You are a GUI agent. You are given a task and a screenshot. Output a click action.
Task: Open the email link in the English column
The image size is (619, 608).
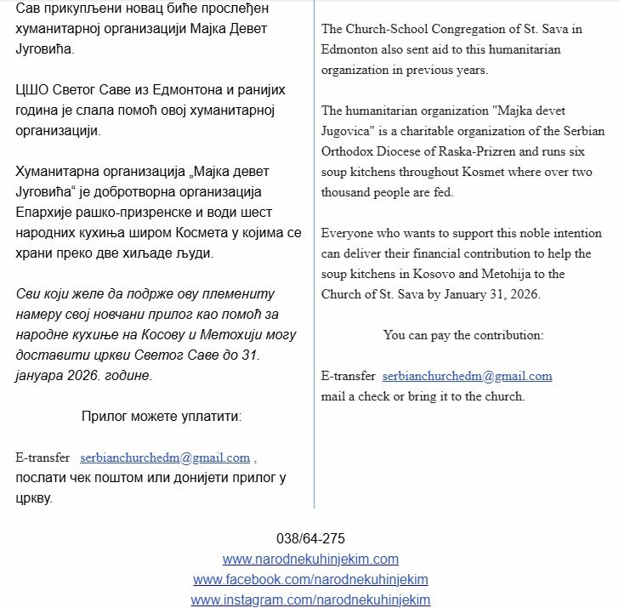pyautogui.click(x=467, y=376)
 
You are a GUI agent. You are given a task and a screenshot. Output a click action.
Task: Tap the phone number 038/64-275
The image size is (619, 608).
pyautogui.click(x=310, y=538)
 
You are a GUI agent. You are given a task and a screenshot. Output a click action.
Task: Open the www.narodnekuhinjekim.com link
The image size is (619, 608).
pyautogui.click(x=310, y=560)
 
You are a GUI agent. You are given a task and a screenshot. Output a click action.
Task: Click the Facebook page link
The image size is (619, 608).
pyautogui.click(x=310, y=580)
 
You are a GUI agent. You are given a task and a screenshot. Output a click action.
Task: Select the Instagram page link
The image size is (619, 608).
pyautogui.click(x=310, y=600)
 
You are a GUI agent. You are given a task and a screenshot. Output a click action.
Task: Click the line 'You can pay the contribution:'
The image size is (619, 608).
pyautogui.click(x=463, y=335)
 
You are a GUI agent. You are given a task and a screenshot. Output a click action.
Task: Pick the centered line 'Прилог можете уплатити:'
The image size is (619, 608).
pyautogui.click(x=162, y=417)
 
